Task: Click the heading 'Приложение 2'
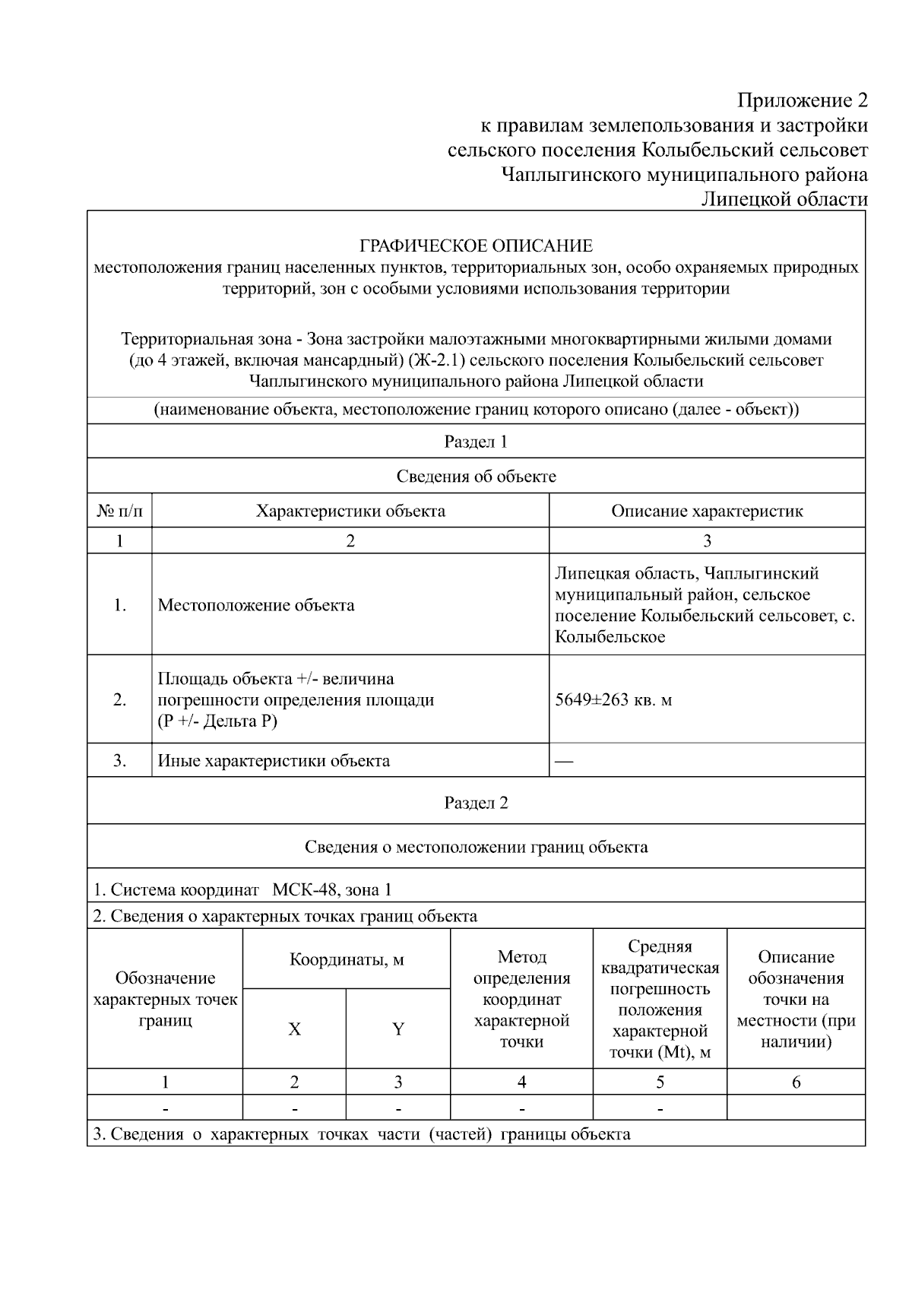(x=802, y=100)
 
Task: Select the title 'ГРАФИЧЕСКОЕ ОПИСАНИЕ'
(x=476, y=246)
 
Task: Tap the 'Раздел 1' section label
(x=476, y=442)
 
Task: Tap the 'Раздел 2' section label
(x=476, y=803)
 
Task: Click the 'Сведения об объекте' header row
(x=476, y=477)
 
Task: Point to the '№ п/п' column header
(x=119, y=511)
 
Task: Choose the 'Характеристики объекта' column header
(x=350, y=511)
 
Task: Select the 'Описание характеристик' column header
(x=707, y=511)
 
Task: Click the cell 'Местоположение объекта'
(x=256, y=605)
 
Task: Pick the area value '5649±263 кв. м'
(x=613, y=699)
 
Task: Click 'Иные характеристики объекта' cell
(x=274, y=761)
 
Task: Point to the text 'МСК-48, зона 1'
(x=332, y=889)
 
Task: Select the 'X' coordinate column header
(x=294, y=1029)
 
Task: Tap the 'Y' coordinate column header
(x=397, y=1029)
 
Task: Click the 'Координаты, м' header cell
(x=347, y=959)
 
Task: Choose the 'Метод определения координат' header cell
(x=521, y=999)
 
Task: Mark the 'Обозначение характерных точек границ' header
(x=165, y=999)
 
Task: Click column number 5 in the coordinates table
(x=660, y=1082)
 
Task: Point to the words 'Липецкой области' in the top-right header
(x=784, y=199)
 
